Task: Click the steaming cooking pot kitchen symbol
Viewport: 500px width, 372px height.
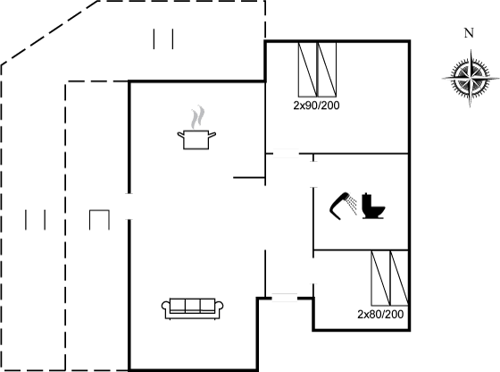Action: pos(196,127)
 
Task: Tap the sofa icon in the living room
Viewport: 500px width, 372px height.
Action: pos(192,309)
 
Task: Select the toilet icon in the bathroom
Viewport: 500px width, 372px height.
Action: pos(373,206)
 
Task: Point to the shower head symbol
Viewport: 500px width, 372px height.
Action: pos(339,206)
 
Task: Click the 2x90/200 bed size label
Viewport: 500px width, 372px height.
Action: pos(316,106)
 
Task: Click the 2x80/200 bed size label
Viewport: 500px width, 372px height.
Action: pos(380,315)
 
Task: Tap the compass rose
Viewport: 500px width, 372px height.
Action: pos(470,78)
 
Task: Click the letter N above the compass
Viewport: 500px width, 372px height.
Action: pos(469,33)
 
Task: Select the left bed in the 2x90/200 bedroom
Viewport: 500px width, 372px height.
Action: pos(308,70)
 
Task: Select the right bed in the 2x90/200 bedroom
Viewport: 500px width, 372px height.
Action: pos(327,70)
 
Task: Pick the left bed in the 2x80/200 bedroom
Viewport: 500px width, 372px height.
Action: pos(380,278)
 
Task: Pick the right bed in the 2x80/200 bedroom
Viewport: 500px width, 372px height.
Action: pos(399,278)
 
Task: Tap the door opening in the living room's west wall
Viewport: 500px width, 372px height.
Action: pos(129,207)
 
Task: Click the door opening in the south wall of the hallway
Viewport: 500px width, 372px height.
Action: pos(285,298)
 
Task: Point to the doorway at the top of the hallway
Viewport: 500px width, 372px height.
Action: pos(286,154)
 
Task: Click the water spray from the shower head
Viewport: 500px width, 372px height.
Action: pos(353,205)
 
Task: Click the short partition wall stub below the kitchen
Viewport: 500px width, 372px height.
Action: pos(249,177)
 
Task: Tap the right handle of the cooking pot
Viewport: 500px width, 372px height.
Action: pos(212,134)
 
